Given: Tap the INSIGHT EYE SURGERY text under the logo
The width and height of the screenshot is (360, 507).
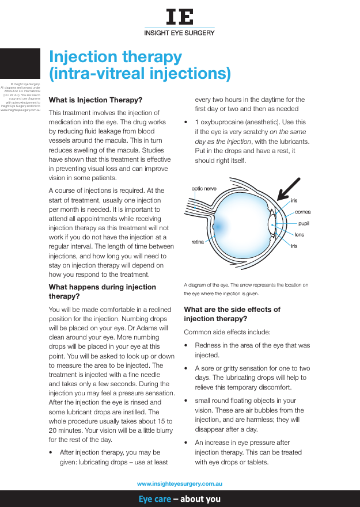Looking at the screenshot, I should tap(180, 33).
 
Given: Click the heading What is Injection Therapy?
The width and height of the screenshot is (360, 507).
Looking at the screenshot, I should tap(96, 100).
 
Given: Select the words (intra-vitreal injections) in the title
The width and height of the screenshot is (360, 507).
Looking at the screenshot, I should tap(140, 74).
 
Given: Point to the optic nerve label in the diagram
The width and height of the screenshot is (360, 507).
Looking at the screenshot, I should tap(204, 188).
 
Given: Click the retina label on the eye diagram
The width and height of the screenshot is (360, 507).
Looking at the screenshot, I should tap(198, 242).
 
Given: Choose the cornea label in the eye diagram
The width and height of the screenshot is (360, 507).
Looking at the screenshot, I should tap(303, 212).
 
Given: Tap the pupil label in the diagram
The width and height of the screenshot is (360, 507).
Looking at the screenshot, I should tap(304, 223).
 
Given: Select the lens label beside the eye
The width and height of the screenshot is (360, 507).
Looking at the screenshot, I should tap(300, 235).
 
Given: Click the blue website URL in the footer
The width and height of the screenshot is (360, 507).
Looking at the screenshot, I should tap(180, 485).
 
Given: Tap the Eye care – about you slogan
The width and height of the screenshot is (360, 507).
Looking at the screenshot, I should tap(180, 499).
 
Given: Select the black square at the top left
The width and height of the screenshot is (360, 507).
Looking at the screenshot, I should tap(20, 63).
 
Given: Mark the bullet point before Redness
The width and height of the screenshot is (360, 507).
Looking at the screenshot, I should tap(185, 345).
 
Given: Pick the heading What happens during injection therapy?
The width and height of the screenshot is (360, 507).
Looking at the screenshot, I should tap(103, 291).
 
